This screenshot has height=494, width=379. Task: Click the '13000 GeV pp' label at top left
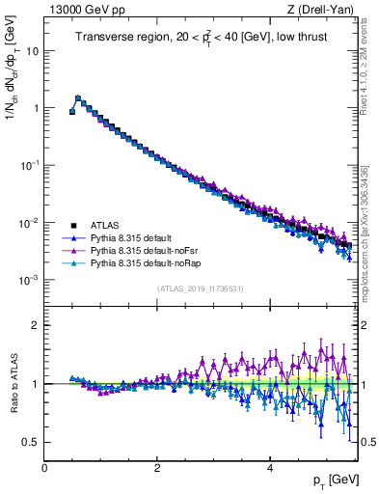(x=84, y=10)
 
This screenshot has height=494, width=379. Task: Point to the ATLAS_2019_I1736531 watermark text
(x=201, y=289)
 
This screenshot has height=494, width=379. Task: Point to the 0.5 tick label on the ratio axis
(x=31, y=442)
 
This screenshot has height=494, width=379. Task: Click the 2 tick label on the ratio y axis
(x=35, y=325)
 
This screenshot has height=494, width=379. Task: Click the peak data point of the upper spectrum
(x=78, y=97)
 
